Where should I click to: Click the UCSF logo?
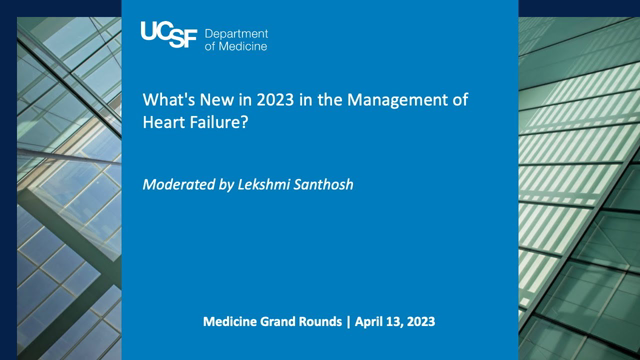169,35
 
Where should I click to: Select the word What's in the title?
169,101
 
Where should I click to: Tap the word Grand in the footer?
284,323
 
